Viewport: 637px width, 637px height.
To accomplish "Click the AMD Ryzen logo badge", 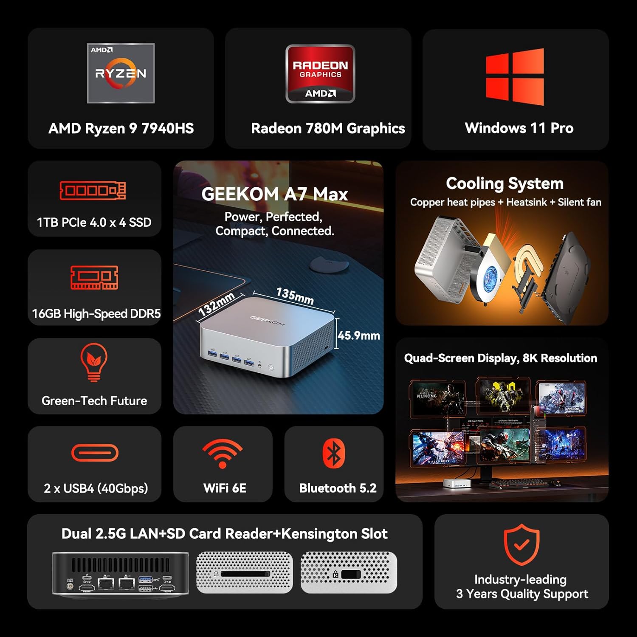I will coord(121,73).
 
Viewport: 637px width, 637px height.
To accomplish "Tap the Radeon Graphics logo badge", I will coord(320,74).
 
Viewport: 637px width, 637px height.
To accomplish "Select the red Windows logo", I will coord(515,77).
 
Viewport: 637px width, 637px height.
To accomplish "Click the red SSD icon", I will coord(93,191).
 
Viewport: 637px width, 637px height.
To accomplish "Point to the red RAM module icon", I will coord(94,278).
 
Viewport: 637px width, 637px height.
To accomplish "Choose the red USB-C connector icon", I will coord(95,453).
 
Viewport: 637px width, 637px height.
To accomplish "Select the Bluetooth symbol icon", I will coord(334,453).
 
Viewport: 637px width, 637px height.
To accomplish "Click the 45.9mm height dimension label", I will coord(359,335).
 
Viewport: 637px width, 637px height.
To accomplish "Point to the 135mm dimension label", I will coord(295,296).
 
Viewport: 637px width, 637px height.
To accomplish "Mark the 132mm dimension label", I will coord(217,304).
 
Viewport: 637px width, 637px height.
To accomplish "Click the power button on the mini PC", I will coord(271,367).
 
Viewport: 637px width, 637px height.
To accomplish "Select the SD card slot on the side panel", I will coord(245,574).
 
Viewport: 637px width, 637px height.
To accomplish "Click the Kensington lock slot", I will coord(351,575).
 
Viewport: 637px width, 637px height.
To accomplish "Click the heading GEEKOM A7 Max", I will coord(275,194).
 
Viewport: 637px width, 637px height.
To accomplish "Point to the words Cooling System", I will coord(505,183).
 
